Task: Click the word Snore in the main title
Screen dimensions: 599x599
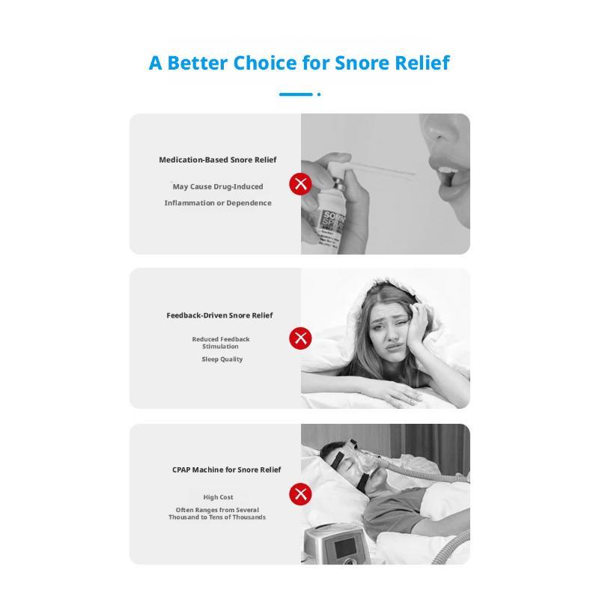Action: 361,63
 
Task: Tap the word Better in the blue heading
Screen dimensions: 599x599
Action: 198,63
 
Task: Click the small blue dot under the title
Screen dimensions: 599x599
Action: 319,94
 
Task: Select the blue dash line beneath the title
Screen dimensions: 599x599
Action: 295,94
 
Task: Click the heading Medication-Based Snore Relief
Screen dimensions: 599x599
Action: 217,159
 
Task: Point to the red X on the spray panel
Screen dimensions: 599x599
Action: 300,183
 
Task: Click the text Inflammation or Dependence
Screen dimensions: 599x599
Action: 218,203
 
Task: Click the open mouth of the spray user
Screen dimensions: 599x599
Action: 448,176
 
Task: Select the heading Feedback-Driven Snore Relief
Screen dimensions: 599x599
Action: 219,315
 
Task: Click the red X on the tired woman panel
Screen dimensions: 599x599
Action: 300,338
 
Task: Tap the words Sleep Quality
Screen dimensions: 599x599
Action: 222,359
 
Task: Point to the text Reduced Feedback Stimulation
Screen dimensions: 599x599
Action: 220,343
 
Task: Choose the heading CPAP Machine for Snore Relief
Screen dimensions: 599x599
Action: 226,469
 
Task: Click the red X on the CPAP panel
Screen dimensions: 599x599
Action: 300,494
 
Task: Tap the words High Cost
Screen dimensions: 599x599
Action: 218,497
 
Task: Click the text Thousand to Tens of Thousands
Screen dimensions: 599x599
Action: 217,517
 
